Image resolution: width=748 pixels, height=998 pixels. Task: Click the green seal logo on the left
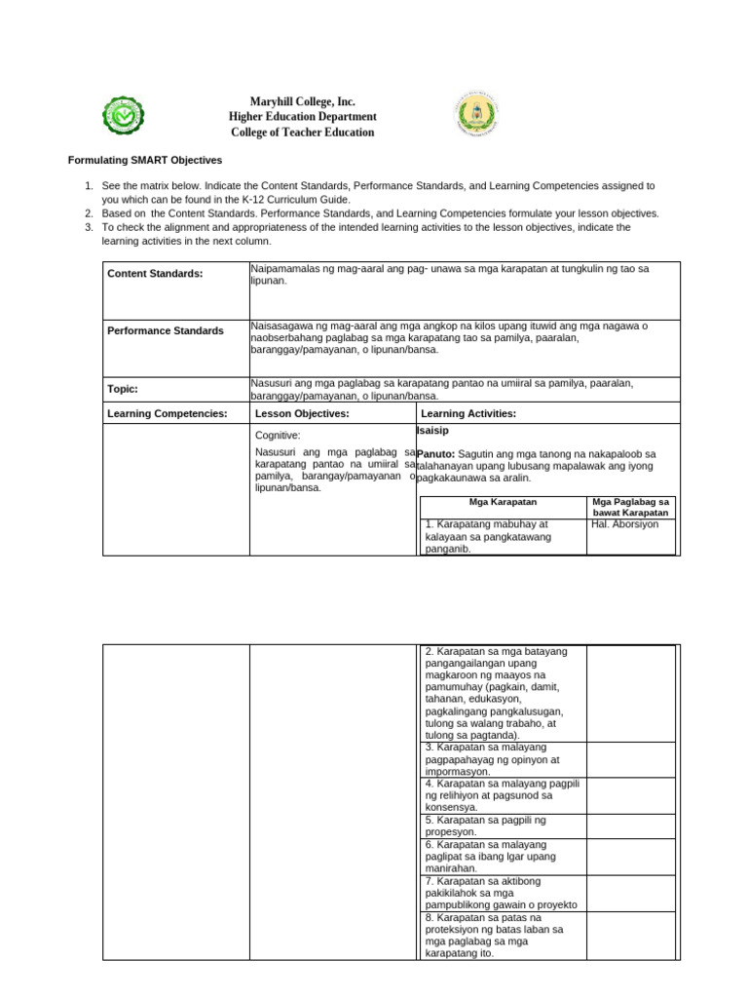pyautogui.click(x=124, y=116)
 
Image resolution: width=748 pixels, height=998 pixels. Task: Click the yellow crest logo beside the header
pyautogui.click(x=476, y=116)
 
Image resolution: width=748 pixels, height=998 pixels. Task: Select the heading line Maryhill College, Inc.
pyautogui.click(x=302, y=101)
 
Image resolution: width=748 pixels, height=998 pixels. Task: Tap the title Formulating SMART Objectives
pyautogui.click(x=144, y=160)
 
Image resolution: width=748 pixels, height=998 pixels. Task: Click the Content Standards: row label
pyautogui.click(x=155, y=274)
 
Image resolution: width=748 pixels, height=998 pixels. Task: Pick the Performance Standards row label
pyautogui.click(x=165, y=331)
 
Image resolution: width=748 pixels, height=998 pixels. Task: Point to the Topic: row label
pyautogui.click(x=123, y=389)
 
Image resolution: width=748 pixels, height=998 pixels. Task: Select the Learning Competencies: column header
pyautogui.click(x=167, y=414)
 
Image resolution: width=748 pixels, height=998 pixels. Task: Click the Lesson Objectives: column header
pyautogui.click(x=301, y=414)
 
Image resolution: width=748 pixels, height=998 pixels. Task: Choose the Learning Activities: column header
pyautogui.click(x=467, y=414)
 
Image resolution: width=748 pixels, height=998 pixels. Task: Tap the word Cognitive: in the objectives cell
pyautogui.click(x=278, y=436)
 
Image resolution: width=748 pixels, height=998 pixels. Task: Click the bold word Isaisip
pyautogui.click(x=432, y=430)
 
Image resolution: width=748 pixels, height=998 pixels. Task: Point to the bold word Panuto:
pyautogui.click(x=435, y=454)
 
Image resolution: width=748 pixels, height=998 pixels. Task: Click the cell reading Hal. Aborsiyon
pyautogui.click(x=624, y=524)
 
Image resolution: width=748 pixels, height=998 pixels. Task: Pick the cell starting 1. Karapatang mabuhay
pyautogui.click(x=502, y=536)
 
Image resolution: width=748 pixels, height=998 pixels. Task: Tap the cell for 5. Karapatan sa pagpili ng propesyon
pyautogui.click(x=502, y=826)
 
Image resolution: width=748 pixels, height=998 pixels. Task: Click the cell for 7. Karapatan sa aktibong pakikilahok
pyautogui.click(x=502, y=893)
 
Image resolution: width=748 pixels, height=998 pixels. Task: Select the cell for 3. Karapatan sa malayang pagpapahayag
pyautogui.click(x=502, y=759)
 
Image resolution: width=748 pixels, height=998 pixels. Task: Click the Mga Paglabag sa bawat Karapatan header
pyautogui.click(x=630, y=507)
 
